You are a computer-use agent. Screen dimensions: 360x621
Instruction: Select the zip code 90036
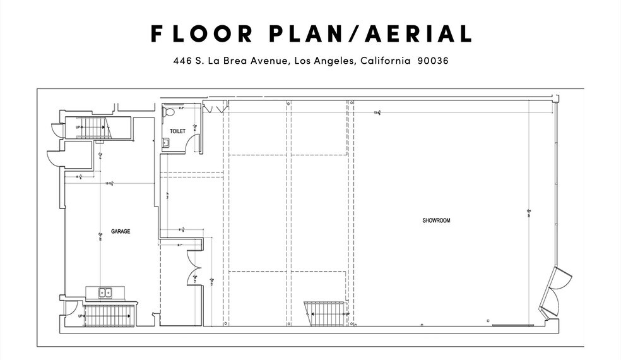pos(433,61)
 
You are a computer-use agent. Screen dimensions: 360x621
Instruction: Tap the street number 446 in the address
pos(182,61)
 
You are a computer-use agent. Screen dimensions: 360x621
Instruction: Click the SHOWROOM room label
pos(436,220)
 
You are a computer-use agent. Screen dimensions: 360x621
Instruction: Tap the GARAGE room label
pos(121,231)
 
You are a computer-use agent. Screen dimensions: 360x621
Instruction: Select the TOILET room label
pos(177,131)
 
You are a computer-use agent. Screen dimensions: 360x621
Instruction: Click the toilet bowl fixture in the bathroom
pos(169,112)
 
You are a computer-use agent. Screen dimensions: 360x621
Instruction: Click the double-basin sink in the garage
pos(105,292)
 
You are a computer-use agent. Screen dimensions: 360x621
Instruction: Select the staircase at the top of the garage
pos(94,128)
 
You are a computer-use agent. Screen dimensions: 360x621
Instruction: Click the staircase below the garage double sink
pos(109,315)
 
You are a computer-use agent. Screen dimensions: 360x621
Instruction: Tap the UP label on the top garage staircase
pos(79,127)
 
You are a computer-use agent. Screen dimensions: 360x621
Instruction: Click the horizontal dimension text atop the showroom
pos(377,113)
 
